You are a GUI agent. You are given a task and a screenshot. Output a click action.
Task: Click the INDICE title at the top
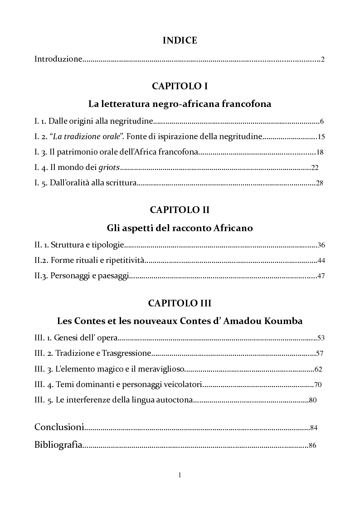pyautogui.click(x=180, y=40)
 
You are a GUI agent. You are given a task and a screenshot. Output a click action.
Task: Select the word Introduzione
pyautogui.click(x=58, y=59)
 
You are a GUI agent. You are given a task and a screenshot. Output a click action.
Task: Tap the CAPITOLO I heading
pyautogui.click(x=180, y=86)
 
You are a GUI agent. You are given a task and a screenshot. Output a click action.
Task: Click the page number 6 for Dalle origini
pyautogui.click(x=321, y=121)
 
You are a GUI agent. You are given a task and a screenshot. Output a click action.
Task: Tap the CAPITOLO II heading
pyautogui.click(x=180, y=210)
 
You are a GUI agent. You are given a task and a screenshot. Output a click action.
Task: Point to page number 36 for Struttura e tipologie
pyautogui.click(x=321, y=245)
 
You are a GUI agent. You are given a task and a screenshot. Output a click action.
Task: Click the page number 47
pyautogui.click(x=321, y=276)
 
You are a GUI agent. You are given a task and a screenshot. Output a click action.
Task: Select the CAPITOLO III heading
pyautogui.click(x=180, y=303)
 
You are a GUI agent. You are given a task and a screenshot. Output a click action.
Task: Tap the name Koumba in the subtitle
pyautogui.click(x=287, y=321)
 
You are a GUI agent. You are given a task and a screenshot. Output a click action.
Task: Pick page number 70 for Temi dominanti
pyautogui.click(x=318, y=385)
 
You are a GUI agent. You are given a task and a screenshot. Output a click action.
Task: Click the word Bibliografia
pyautogui.click(x=58, y=445)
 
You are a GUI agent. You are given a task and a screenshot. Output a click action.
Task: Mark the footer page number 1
pyautogui.click(x=180, y=475)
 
